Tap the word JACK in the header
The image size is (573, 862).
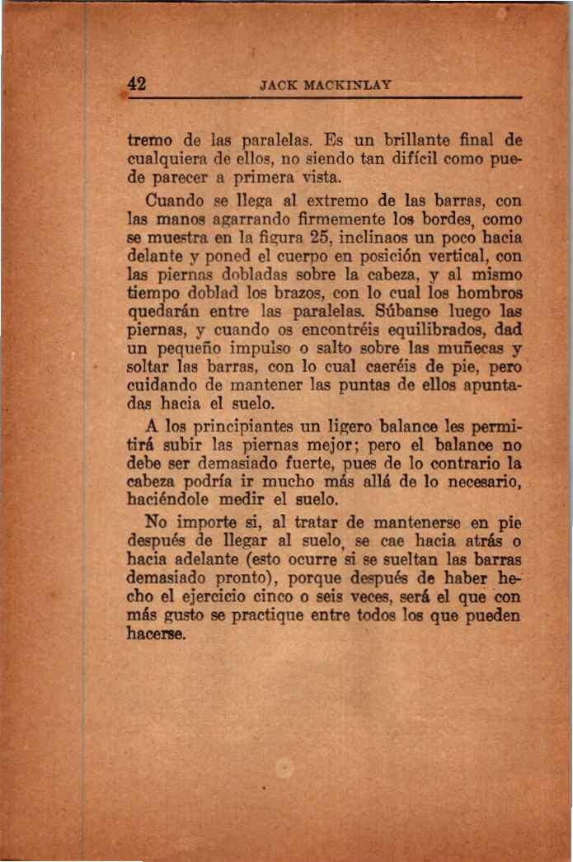coord(274,84)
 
